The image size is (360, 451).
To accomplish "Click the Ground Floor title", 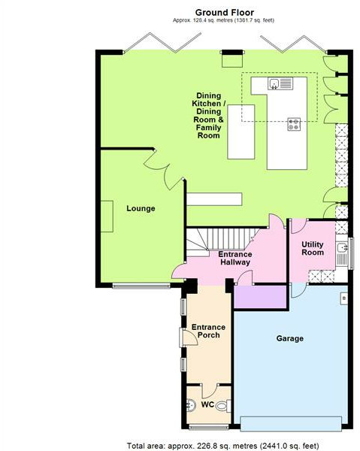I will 224,12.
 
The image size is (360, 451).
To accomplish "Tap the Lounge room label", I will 141,208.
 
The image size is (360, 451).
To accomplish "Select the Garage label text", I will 289,338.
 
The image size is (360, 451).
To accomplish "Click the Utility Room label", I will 313,248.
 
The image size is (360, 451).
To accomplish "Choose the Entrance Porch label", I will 208,331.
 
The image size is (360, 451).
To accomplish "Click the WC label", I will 207,404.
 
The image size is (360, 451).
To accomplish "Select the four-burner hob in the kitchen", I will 294,126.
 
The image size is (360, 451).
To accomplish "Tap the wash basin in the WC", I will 188,405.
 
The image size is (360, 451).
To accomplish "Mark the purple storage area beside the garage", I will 261,296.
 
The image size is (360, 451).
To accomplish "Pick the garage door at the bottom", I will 293,421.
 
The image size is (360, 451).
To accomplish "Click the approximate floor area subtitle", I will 224,22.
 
